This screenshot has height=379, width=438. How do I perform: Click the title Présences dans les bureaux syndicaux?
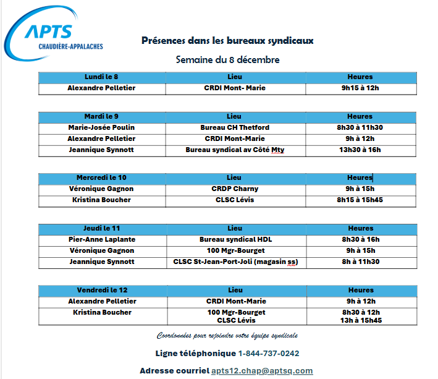coord(227,40)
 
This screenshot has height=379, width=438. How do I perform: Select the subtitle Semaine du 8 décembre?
coord(227,60)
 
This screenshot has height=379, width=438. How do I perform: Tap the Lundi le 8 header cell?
coord(101,77)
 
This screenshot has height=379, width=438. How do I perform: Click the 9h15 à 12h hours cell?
coord(360,88)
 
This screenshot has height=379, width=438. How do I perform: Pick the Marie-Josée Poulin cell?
coord(101,127)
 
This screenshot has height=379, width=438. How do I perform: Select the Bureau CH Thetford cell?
coord(235,127)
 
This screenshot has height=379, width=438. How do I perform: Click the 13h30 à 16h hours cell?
coord(360,150)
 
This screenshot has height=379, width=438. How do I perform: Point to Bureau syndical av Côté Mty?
coord(235,150)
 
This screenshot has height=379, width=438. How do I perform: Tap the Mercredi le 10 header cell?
coord(101,177)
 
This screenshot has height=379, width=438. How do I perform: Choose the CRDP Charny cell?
coord(235,189)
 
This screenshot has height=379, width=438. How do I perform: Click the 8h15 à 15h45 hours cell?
coord(360,200)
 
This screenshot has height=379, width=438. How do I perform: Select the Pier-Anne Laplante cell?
coord(101,239)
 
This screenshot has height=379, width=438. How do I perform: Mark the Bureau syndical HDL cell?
coord(235,239)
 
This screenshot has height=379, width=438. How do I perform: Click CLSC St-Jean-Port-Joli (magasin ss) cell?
coord(235,262)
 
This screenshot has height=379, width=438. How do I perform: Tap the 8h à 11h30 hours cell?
coord(360,262)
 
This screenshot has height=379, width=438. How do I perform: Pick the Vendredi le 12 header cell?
coord(101,290)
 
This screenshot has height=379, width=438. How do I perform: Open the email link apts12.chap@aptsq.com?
coord(261,371)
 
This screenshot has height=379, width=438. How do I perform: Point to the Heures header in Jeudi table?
coord(360,228)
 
